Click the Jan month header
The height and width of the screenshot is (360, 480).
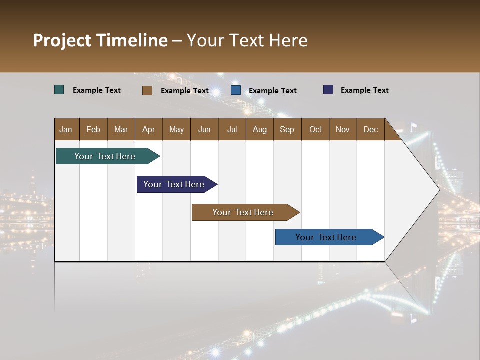[66, 129]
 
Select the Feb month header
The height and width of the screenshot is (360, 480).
[93, 129]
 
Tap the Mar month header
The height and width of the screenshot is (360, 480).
[121, 129]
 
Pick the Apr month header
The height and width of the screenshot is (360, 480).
[149, 129]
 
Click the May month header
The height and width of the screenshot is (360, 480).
[176, 129]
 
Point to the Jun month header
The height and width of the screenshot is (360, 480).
[204, 129]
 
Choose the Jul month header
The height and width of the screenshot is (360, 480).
[232, 129]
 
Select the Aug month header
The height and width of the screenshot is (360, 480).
[260, 129]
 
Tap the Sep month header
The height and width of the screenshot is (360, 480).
[287, 129]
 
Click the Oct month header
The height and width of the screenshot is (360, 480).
[315, 129]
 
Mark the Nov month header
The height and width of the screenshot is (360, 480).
[343, 129]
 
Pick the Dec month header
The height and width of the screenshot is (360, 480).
[371, 129]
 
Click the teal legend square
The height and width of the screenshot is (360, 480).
[59, 90]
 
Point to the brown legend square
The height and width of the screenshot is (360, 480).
[147, 90]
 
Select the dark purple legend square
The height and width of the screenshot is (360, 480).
[328, 90]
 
